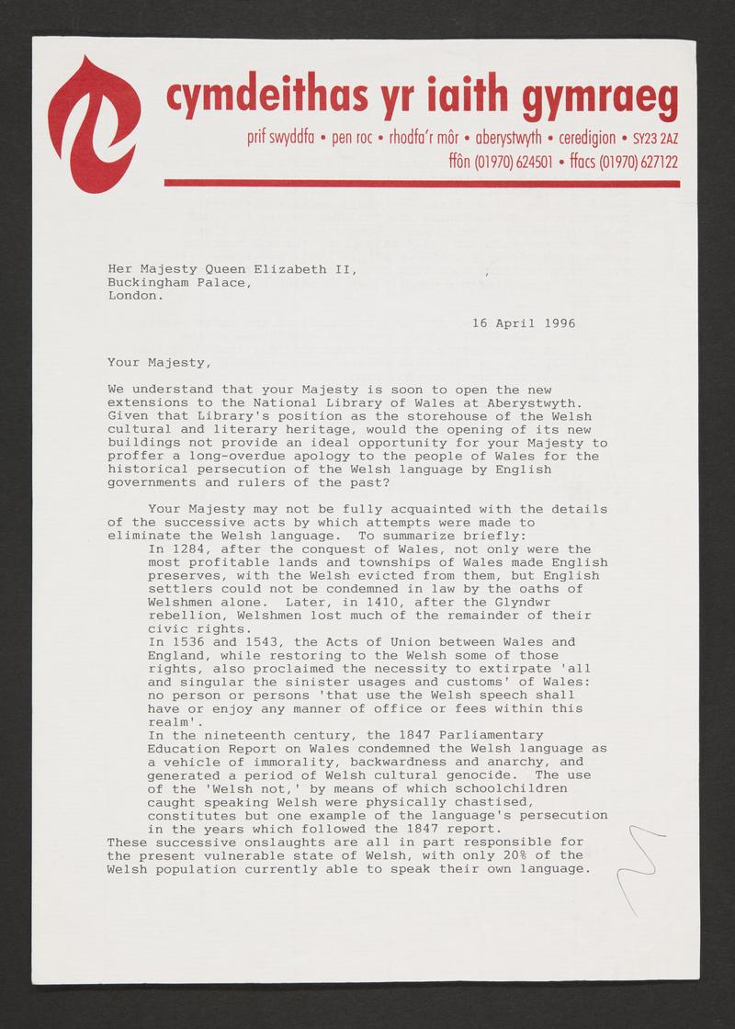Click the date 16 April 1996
[524, 323]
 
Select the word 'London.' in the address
[136, 296]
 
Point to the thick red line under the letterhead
[422, 183]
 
